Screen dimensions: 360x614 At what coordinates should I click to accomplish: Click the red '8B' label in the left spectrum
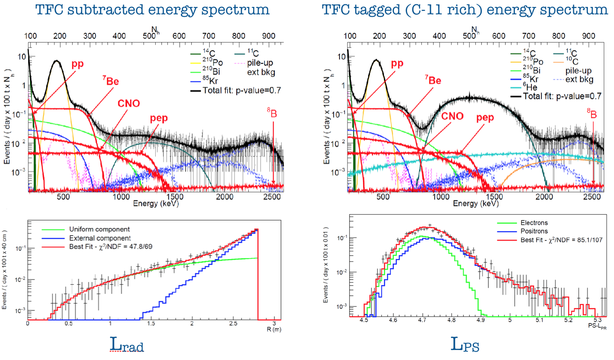[x=272, y=113]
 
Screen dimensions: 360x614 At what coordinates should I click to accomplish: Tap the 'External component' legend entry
[x=100, y=238]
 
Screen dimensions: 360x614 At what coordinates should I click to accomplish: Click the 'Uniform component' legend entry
[x=100, y=229]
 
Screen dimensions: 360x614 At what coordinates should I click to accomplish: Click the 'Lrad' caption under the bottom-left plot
[x=127, y=346]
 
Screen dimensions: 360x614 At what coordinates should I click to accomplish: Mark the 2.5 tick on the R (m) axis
[x=233, y=323]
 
